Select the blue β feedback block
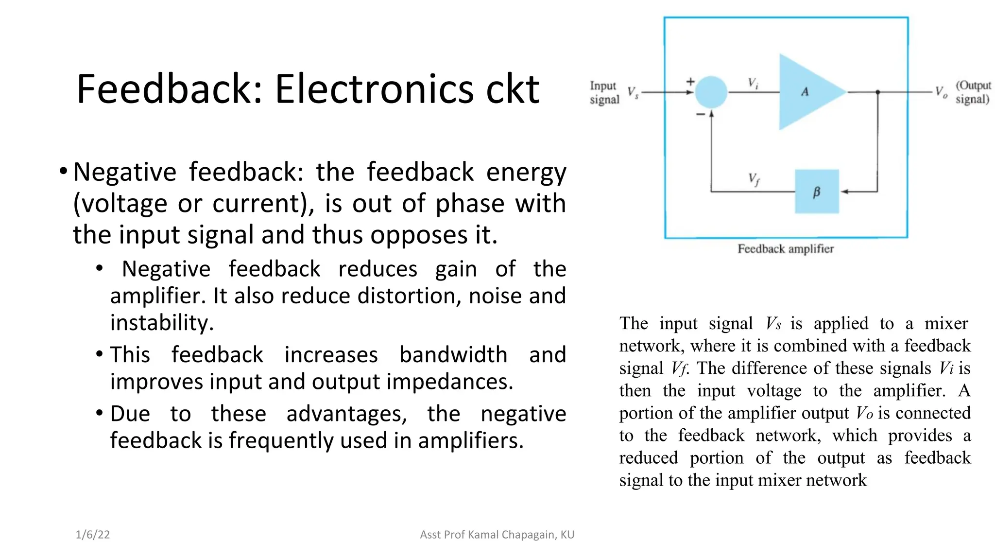click(817, 192)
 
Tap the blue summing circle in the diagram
click(711, 92)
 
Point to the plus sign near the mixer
click(690, 82)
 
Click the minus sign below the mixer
click(700, 114)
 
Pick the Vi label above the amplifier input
click(753, 83)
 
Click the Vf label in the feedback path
click(754, 179)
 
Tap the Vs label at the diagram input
click(633, 92)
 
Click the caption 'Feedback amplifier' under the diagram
click(786, 249)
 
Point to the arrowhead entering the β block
click(844, 192)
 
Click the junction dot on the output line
click(877, 92)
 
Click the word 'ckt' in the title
click(513, 89)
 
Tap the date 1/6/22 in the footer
click(93, 535)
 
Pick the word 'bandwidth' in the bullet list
click(453, 354)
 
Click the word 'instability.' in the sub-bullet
click(162, 322)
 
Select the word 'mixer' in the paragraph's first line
click(946, 323)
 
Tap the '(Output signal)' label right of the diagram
click(973, 92)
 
